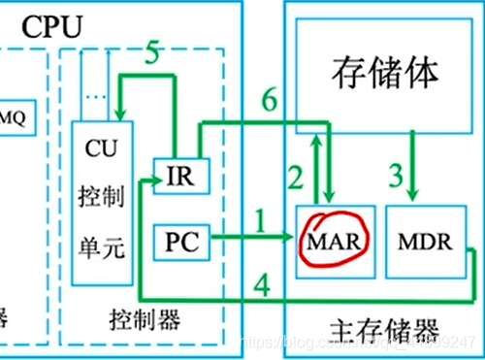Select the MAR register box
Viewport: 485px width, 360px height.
331,241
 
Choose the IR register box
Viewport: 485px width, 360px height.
180,179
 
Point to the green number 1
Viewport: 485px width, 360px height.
258,222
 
